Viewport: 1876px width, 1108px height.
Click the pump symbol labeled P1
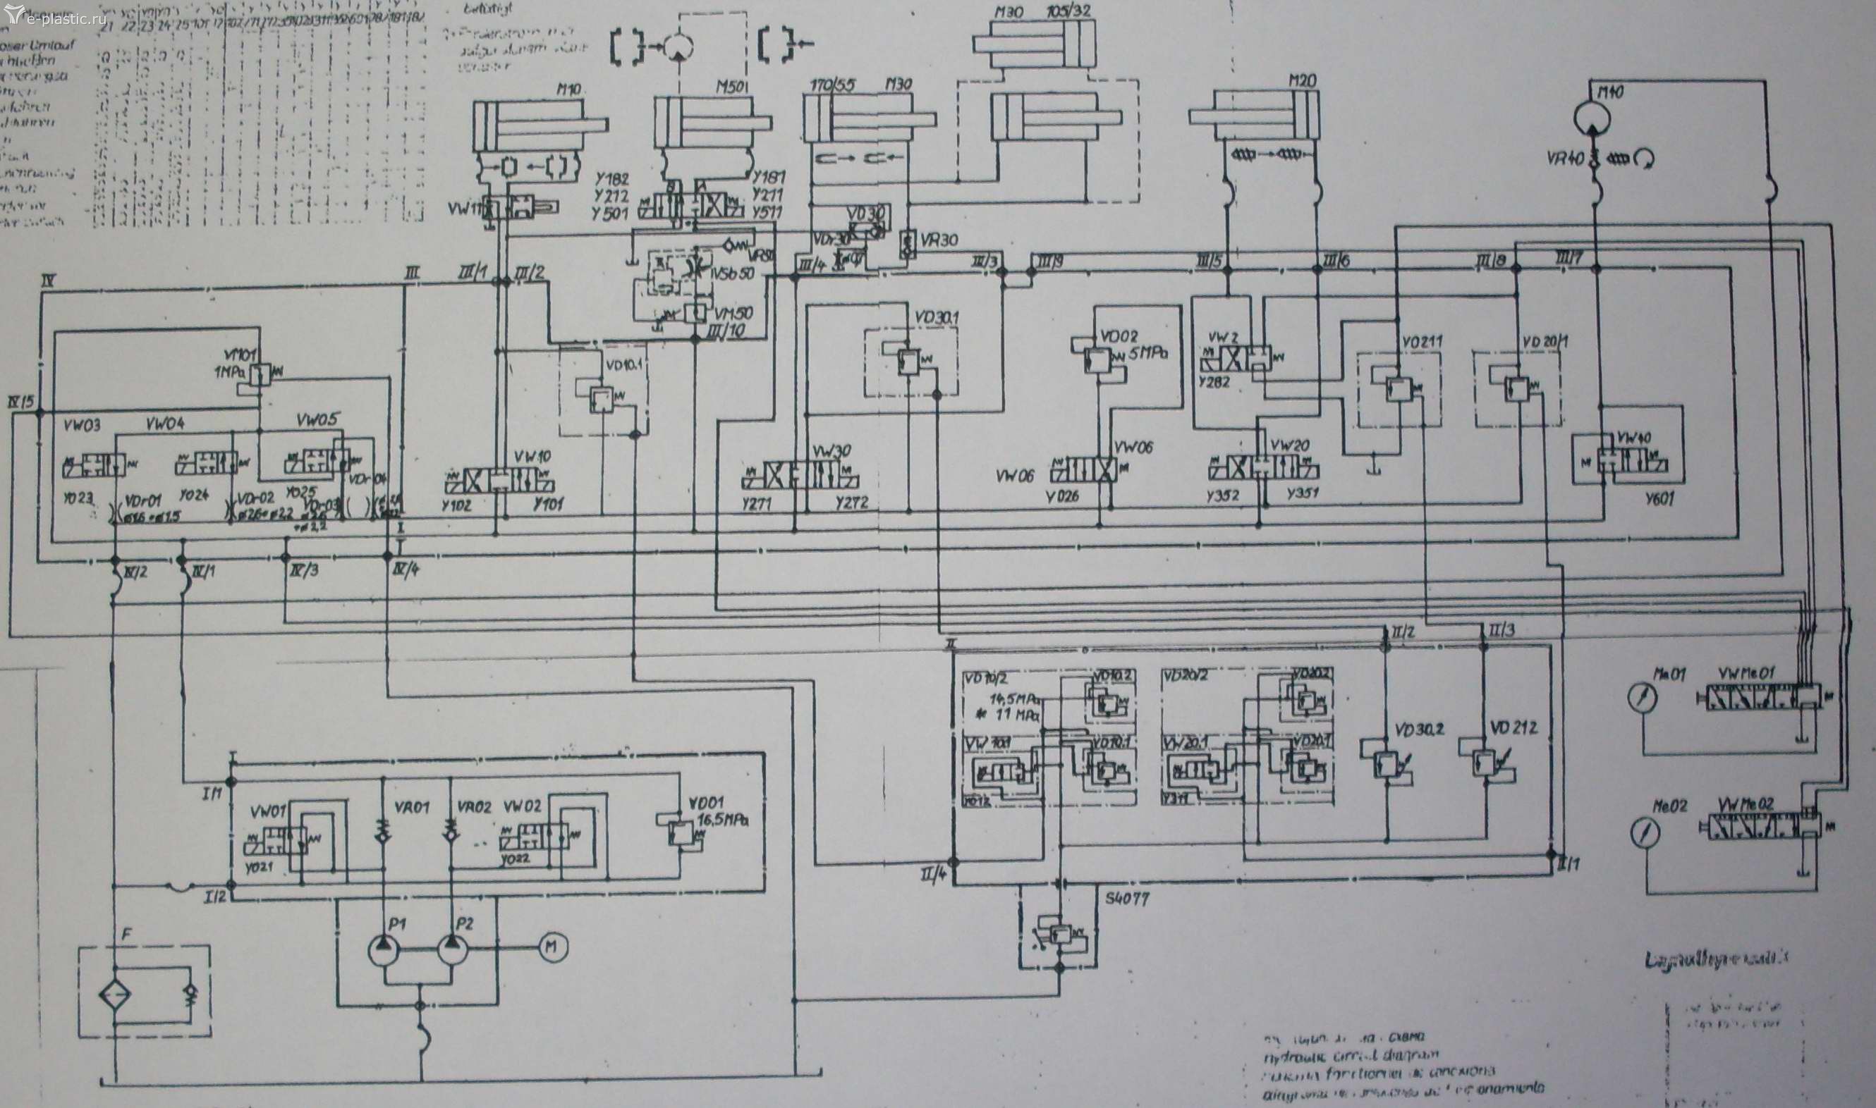(x=384, y=949)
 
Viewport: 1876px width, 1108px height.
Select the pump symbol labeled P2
(x=452, y=949)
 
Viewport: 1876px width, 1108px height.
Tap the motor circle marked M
(x=553, y=948)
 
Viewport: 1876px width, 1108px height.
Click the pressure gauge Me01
(x=1642, y=696)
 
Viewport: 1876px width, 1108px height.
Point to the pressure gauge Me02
(x=1642, y=832)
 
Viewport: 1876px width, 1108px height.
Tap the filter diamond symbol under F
(x=114, y=997)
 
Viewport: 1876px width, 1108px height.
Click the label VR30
(x=939, y=241)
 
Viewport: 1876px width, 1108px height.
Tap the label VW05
(x=317, y=418)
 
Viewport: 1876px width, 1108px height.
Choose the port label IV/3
(x=304, y=571)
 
